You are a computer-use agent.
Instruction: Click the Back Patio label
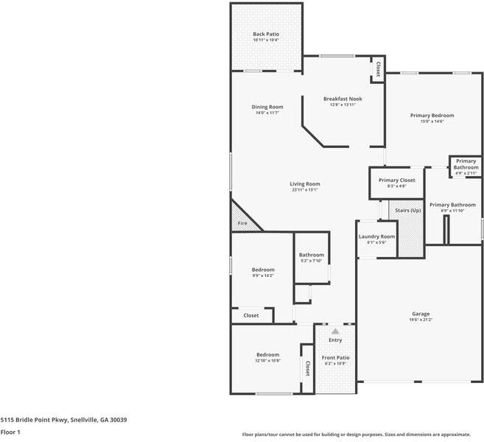click(265, 34)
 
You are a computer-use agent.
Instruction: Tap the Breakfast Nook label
click(343, 99)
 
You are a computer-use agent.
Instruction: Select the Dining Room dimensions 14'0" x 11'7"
click(267, 113)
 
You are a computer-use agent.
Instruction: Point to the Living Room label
click(304, 183)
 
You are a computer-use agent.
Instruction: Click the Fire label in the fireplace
click(241, 222)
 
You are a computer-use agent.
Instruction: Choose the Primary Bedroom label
click(432, 116)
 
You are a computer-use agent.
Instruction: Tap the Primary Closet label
click(397, 180)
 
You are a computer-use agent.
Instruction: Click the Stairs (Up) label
click(408, 211)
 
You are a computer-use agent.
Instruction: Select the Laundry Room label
click(376, 236)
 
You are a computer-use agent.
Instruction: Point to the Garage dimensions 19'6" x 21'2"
click(421, 320)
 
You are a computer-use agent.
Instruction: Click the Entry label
click(335, 340)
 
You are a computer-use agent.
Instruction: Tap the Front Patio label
click(336, 357)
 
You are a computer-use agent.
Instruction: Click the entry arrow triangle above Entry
click(335, 331)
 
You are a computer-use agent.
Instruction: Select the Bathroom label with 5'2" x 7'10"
click(312, 255)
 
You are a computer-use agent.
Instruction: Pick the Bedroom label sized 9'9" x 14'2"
click(263, 270)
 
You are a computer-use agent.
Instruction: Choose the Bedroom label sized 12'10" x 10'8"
click(267, 354)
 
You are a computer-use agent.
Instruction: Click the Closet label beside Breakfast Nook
click(378, 69)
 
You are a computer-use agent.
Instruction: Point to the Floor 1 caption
click(10, 432)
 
